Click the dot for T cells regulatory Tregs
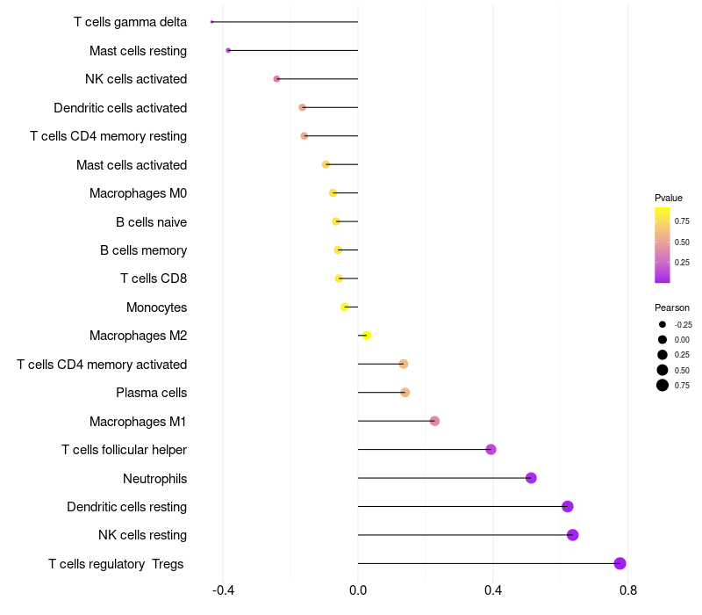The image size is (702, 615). click(620, 563)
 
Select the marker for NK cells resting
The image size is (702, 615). click(573, 535)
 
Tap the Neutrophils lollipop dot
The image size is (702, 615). click(531, 478)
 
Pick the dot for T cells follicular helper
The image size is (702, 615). click(491, 450)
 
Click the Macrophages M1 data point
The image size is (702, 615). click(434, 421)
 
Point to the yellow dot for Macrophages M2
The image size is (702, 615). click(367, 336)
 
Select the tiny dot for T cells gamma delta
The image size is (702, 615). click(212, 22)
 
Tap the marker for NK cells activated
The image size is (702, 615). click(277, 79)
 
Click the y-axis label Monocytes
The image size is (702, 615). click(156, 307)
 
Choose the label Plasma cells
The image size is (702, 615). click(151, 393)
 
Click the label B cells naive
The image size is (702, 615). click(151, 221)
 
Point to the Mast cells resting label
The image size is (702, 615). click(138, 51)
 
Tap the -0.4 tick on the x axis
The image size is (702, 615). click(223, 590)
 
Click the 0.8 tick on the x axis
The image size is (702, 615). click(627, 590)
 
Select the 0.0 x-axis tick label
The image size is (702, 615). click(358, 590)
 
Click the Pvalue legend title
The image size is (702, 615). click(669, 198)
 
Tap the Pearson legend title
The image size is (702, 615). click(672, 307)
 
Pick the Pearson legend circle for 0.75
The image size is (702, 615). click(663, 385)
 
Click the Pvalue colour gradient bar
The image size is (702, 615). click(663, 245)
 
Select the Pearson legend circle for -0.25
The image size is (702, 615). click(663, 324)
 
